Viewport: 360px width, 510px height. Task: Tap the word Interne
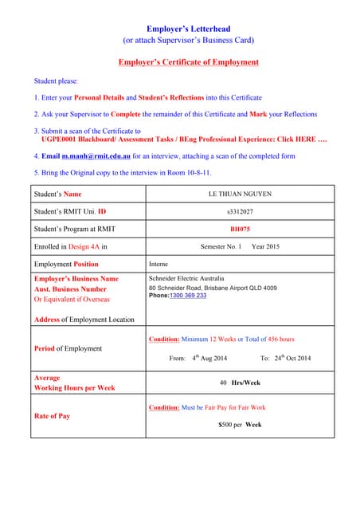(158, 264)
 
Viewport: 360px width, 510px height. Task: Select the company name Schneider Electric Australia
(186, 279)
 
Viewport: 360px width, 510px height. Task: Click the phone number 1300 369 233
(188, 296)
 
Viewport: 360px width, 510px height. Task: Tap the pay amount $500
(226, 425)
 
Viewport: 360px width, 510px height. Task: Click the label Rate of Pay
(52, 416)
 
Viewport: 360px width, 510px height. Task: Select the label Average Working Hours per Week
(74, 382)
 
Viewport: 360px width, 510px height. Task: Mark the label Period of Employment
(68, 348)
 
